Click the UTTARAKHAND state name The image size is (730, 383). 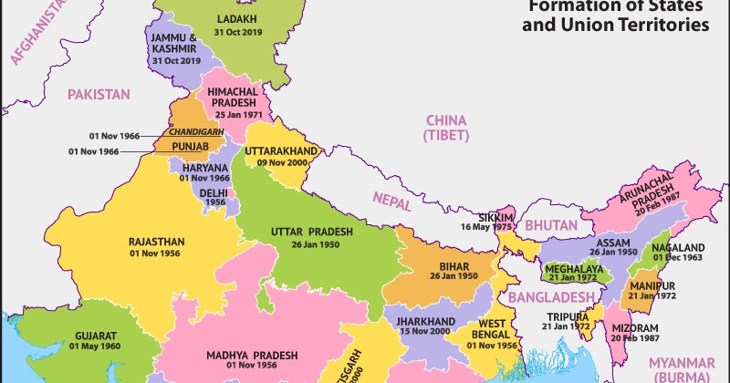pyautogui.click(x=281, y=150)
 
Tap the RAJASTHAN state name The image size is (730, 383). pyautogui.click(x=157, y=242)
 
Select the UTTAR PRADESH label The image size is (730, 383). pyautogui.click(x=310, y=231)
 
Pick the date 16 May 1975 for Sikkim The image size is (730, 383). pyautogui.click(x=487, y=227)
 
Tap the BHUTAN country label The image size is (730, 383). pyautogui.click(x=550, y=225)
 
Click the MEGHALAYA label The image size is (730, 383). pyautogui.click(x=573, y=270)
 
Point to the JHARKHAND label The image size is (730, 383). pyautogui.click(x=425, y=322)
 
